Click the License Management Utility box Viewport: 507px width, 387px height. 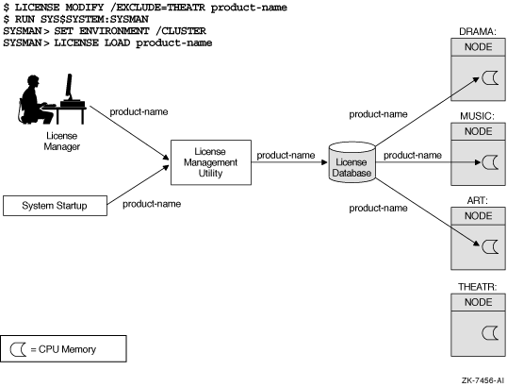211,162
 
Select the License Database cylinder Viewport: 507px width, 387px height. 352,162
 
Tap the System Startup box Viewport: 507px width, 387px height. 55,206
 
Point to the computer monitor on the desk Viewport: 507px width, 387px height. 69,86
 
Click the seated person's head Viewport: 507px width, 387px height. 33,82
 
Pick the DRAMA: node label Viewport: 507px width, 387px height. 478,32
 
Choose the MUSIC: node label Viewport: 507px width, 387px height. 477,116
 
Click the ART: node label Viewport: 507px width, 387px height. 477,200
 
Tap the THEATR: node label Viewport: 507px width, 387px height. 477,287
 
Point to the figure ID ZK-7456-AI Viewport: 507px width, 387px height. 482,380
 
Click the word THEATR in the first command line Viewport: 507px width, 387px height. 187,8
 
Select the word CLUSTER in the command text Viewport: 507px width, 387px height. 184,31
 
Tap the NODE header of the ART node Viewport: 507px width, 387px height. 478,216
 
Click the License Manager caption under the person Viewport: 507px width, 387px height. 62,142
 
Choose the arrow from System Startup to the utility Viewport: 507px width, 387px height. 139,185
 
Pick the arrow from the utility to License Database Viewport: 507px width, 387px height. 289,162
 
